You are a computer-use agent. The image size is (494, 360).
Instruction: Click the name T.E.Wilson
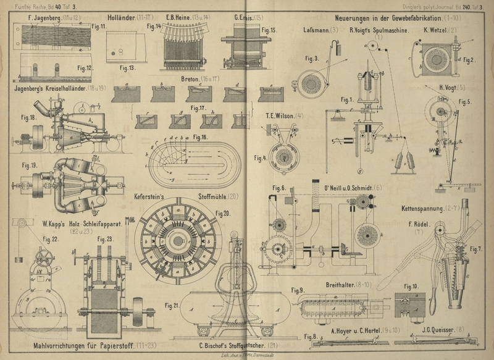280,115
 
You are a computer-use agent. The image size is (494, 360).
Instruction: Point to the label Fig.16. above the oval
200,136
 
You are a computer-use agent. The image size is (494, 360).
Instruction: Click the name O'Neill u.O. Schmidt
338,188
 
